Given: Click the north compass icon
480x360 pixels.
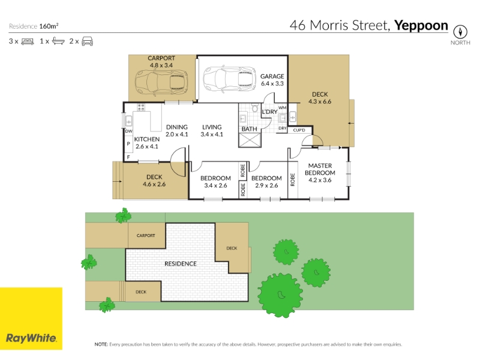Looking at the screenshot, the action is pos(460,32).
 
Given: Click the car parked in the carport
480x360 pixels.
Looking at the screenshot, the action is pos(161,81).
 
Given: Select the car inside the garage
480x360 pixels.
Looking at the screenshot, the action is pos(229,79).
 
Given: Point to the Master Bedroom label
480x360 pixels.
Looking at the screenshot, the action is pos(320,173).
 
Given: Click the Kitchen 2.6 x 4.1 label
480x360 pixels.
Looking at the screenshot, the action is pos(146,143).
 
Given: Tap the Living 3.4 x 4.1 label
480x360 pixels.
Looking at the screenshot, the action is pos(212,130).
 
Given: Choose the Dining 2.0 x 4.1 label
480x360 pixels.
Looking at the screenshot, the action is pos(177,130).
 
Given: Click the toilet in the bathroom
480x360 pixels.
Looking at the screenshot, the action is pos(254,108).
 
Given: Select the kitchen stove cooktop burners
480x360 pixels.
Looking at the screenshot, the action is pos(141,107).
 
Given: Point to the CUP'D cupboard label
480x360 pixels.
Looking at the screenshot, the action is pos(299,130).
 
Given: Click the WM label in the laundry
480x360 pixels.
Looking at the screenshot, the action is pos(283,107).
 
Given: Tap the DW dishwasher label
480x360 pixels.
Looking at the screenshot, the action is pos(129,131).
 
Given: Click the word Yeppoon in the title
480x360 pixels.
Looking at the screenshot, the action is pos(421,25).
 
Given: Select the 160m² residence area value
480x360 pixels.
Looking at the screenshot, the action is pos(49,26).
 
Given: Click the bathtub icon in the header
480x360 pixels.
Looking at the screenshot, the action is pos(58,41).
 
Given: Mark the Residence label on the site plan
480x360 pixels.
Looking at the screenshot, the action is pos(181,263).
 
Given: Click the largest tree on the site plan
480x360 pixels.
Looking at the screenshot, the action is pos(280,295).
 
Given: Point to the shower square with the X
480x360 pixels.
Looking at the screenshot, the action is pos(250,140).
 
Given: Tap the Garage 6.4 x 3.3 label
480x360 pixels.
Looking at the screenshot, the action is pos(272,80).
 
